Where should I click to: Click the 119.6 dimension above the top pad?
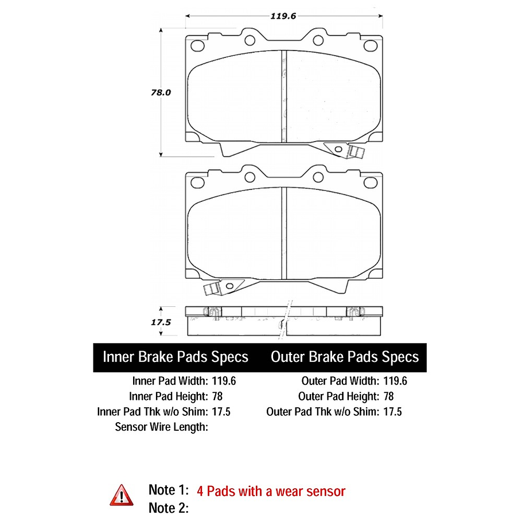tap(283, 16)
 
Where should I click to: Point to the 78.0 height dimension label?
tap(161, 92)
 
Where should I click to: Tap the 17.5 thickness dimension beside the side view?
tap(161, 322)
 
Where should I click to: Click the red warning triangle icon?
tap(122, 495)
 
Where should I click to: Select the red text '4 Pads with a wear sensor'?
tap(271, 492)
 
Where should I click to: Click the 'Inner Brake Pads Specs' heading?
tap(176, 357)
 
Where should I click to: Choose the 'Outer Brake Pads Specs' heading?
tap(345, 357)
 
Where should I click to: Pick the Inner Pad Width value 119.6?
tap(224, 381)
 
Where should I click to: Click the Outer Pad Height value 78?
tap(388, 396)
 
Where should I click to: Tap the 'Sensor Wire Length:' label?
tap(161, 427)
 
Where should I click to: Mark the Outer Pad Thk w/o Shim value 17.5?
tap(392, 411)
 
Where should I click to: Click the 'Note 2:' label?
tap(169, 508)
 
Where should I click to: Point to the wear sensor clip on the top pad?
tap(345, 150)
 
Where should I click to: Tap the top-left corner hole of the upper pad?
tap(197, 46)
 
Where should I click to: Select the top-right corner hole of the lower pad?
tap(371, 182)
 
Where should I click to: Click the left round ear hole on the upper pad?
tap(250, 40)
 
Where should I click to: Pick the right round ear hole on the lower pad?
tap(318, 177)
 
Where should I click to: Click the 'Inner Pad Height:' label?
tap(169, 396)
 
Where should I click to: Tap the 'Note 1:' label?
tap(169, 490)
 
